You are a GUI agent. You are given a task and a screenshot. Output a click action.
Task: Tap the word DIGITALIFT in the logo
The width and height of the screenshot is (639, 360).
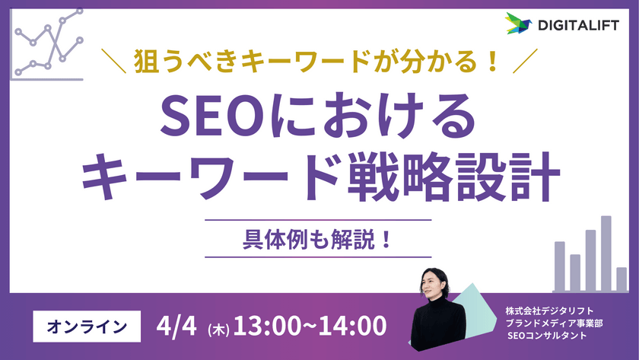[575, 24]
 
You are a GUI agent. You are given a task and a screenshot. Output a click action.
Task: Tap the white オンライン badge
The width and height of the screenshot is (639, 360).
[87, 326]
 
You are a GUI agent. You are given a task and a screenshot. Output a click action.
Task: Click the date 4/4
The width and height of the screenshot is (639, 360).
[177, 326]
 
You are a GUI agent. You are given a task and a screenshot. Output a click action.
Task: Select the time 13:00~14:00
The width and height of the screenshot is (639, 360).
[309, 326]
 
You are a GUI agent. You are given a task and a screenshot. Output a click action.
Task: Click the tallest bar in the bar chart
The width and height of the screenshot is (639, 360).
[606, 253]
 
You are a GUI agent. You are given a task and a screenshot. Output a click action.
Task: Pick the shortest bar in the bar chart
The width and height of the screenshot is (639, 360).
[622, 279]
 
